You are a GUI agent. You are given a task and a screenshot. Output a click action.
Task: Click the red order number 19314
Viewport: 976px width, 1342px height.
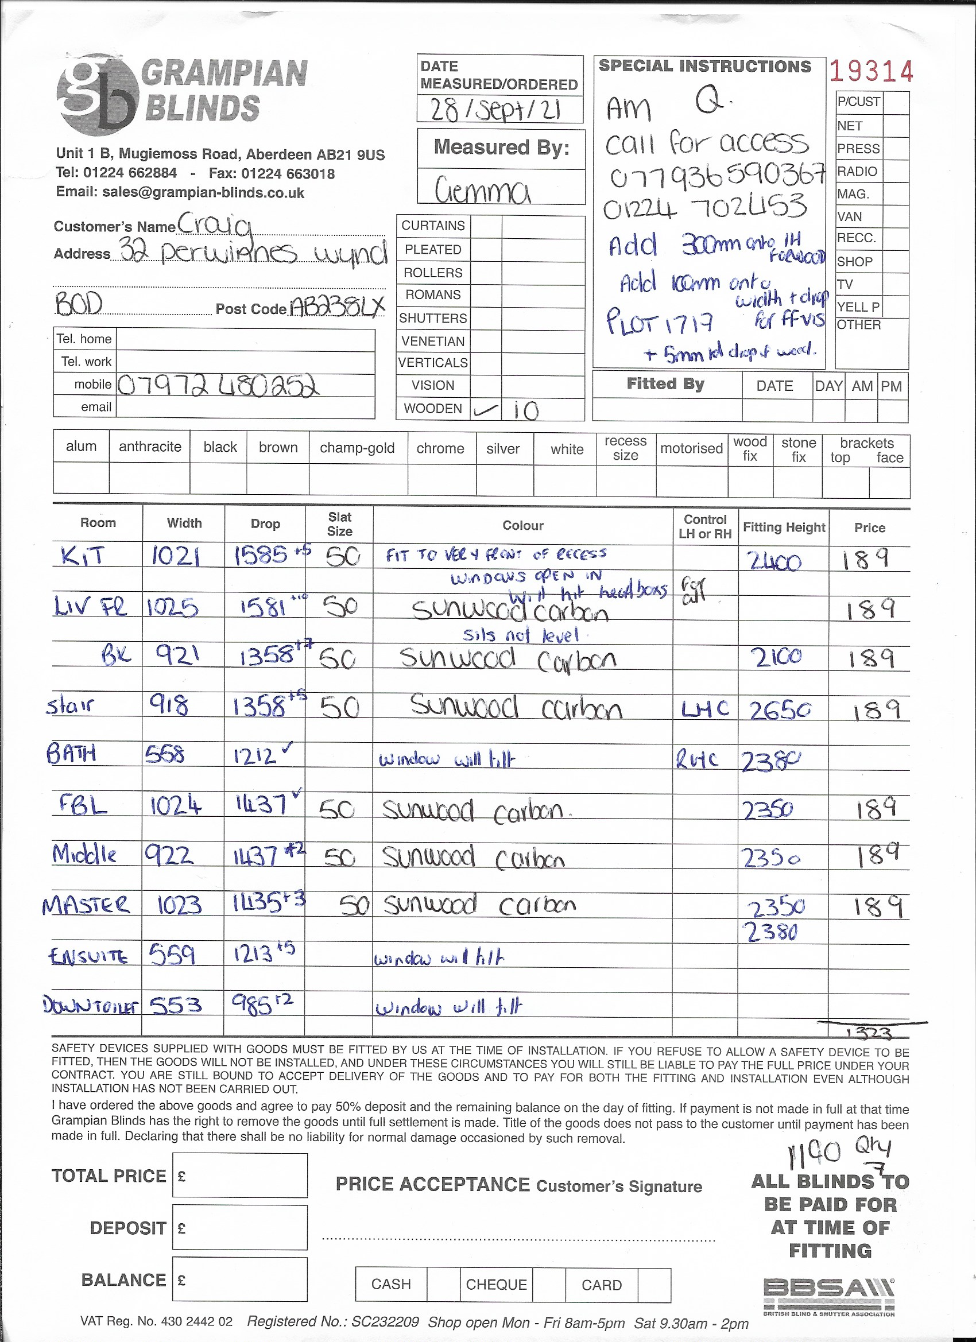[870, 72]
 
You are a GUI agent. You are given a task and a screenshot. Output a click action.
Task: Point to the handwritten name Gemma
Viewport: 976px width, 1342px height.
[482, 191]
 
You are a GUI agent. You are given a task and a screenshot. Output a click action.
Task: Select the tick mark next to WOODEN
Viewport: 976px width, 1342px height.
[485, 410]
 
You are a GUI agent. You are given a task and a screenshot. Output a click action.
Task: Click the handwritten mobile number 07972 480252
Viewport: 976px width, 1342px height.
[218, 386]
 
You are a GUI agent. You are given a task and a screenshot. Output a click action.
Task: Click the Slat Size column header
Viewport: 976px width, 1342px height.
[339, 524]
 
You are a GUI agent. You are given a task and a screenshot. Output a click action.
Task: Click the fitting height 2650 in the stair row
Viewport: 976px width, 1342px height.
[780, 711]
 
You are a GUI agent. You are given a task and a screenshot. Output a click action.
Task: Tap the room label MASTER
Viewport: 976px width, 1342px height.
[86, 905]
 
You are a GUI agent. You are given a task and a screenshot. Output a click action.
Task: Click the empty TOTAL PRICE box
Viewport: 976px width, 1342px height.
[240, 1175]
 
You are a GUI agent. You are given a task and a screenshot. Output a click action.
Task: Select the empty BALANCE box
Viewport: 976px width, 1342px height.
[240, 1279]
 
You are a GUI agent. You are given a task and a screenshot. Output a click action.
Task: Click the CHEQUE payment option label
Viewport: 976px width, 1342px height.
[496, 1285]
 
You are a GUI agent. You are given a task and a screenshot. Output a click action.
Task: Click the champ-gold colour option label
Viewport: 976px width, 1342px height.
[357, 448]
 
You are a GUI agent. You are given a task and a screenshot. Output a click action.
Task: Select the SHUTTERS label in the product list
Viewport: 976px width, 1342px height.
[433, 319]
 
